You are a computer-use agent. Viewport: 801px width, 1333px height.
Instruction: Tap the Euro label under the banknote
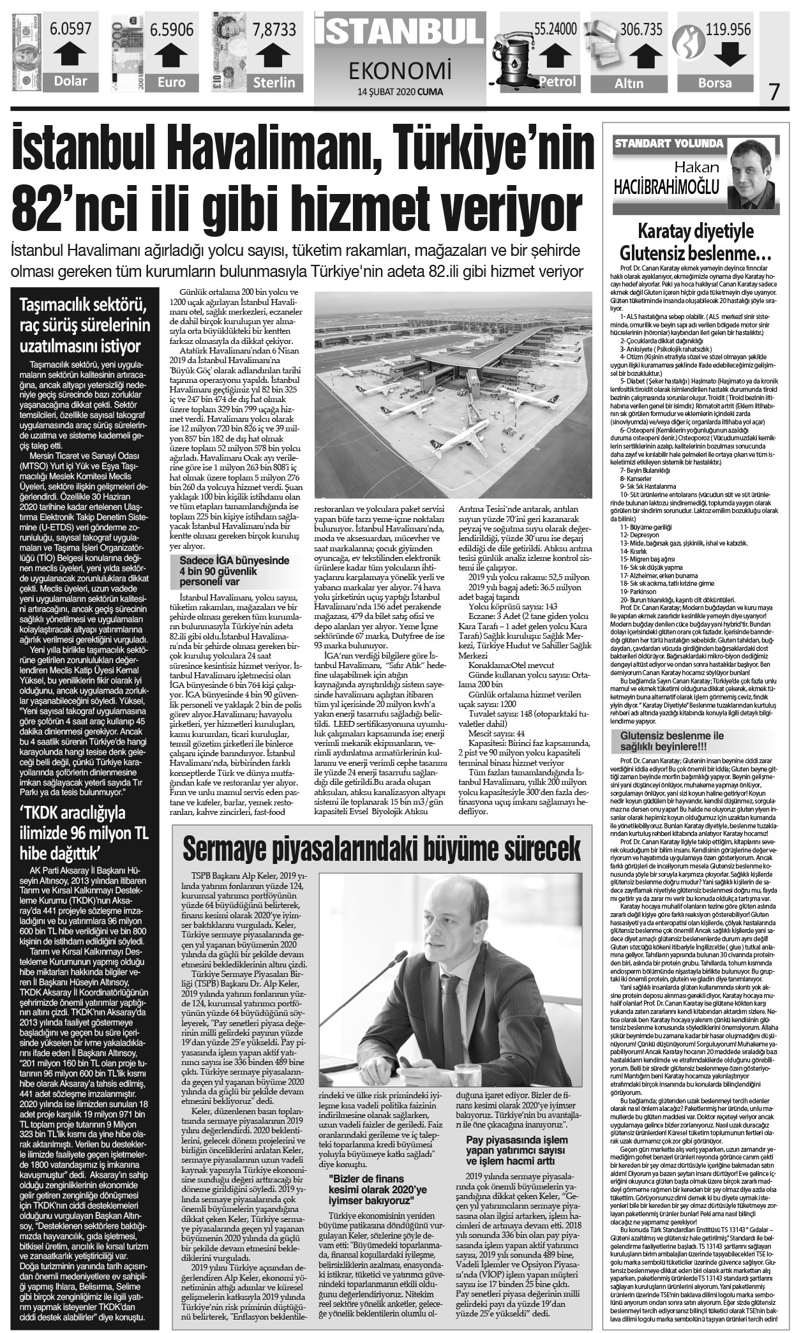coord(172,82)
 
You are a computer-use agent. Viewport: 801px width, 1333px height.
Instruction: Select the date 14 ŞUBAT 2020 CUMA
coord(401,91)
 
